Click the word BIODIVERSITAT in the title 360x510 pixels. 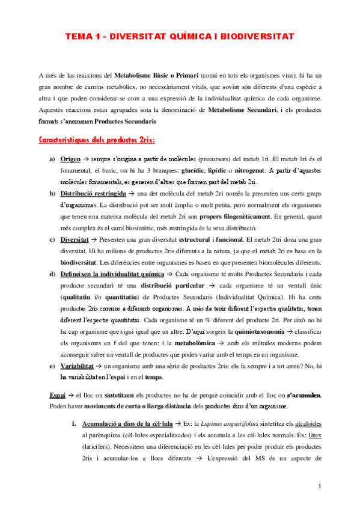pos(257,37)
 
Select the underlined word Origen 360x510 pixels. pos(72,159)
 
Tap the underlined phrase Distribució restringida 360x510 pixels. pos(93,194)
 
